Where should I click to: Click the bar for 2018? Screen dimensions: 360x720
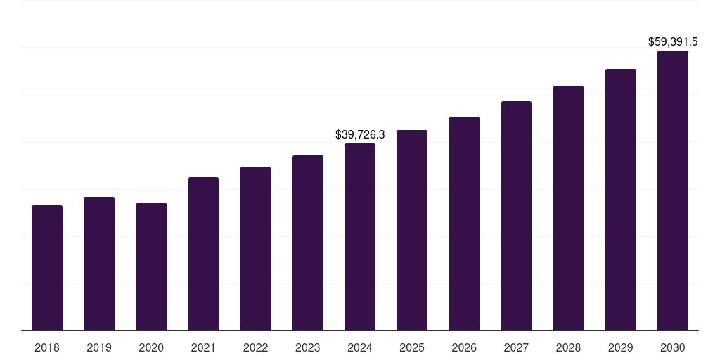click(x=47, y=268)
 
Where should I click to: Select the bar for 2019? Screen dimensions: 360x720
click(x=99, y=264)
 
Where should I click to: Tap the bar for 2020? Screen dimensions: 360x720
click(x=151, y=266)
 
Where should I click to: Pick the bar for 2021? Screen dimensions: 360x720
click(x=203, y=254)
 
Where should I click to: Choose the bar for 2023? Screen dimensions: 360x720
click(x=308, y=243)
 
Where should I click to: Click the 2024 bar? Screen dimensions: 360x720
click(x=360, y=237)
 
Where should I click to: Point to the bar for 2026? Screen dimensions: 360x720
click(x=464, y=224)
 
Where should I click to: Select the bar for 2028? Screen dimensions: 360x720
click(x=568, y=208)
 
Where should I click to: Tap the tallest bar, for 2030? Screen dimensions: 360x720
click(x=673, y=191)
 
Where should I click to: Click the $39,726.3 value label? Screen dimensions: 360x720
click(x=360, y=134)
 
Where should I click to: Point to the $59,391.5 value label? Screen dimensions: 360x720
click(x=673, y=42)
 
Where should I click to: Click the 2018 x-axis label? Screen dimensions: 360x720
click(x=47, y=347)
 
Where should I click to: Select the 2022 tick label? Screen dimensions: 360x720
click(x=255, y=347)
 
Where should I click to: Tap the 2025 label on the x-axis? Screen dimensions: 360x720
click(x=412, y=347)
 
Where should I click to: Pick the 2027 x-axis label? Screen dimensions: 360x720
click(x=516, y=347)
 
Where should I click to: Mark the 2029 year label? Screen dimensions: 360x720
click(x=620, y=347)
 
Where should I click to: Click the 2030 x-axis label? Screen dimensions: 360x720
click(x=673, y=347)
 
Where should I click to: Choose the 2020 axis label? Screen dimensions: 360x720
click(x=151, y=347)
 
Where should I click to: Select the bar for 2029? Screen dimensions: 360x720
click(x=621, y=200)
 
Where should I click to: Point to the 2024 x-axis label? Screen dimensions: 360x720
click(x=360, y=347)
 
